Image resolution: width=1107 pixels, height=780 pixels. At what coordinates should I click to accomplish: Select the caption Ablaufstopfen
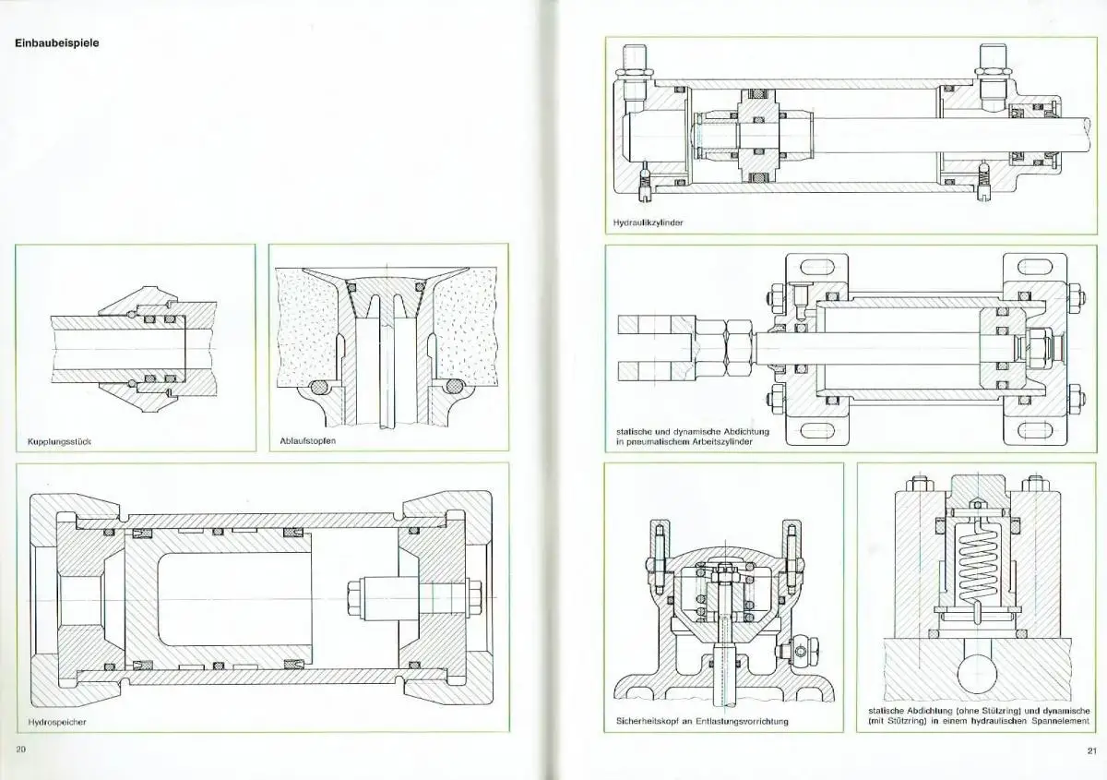[309, 441]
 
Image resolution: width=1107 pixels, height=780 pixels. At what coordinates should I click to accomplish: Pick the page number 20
[20, 748]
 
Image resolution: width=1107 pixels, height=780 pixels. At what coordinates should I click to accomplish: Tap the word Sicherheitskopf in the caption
[649, 720]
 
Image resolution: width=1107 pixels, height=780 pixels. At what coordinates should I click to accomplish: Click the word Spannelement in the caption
[1056, 722]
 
